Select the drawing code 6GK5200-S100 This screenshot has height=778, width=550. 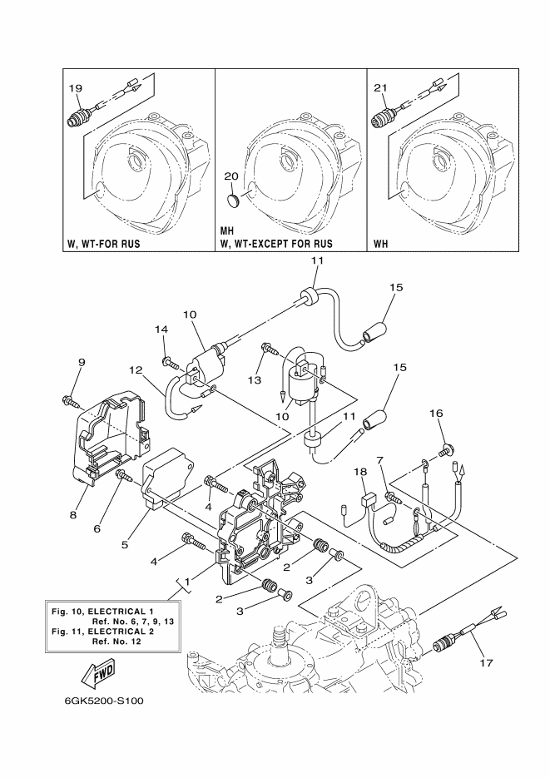point(104,701)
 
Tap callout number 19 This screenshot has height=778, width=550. point(76,88)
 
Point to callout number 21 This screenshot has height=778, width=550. point(380,88)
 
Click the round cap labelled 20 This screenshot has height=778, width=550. point(232,201)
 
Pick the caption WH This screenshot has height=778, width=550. point(381,244)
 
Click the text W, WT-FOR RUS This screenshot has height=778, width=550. point(104,244)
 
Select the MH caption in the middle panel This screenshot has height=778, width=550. point(226,231)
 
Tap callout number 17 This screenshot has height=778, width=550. point(487,663)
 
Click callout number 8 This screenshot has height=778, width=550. point(73,515)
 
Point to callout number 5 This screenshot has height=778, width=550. point(125,544)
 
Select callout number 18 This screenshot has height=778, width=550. point(360,472)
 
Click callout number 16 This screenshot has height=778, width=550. point(436,414)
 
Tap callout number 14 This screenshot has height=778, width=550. point(161,329)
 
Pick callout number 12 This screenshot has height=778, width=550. point(136,370)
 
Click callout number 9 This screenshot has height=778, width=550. point(82,362)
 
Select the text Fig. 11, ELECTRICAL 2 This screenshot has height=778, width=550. point(102,632)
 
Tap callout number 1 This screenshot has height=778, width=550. point(187,581)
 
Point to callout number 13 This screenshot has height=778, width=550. point(255,380)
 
